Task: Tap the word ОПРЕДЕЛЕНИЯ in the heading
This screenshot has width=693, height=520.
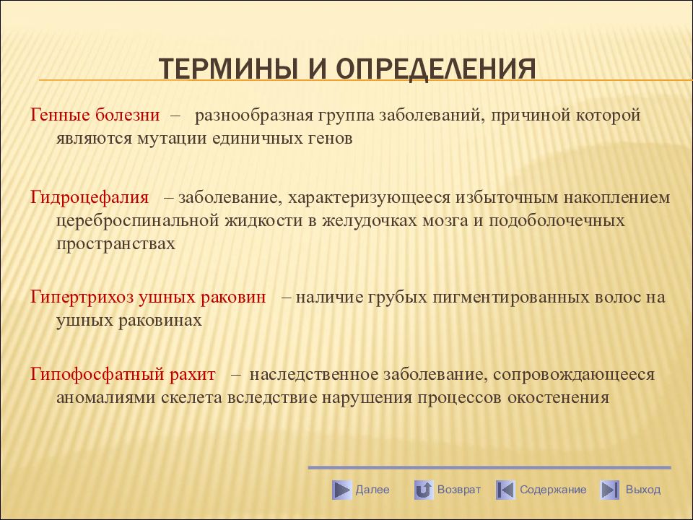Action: tap(436, 69)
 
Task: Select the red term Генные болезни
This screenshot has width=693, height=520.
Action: tap(95, 115)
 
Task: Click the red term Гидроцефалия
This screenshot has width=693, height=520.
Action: tap(90, 198)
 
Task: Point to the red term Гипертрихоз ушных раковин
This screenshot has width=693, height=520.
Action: tap(148, 297)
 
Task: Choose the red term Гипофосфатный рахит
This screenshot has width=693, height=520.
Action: tap(123, 375)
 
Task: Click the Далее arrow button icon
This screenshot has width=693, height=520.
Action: tap(341, 490)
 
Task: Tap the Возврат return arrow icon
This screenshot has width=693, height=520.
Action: tap(424, 490)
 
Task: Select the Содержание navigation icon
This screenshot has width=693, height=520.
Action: tap(505, 490)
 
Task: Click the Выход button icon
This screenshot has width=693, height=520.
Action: tap(609, 490)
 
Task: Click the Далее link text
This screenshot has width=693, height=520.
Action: tap(372, 490)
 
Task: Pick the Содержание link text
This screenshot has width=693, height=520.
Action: tap(553, 490)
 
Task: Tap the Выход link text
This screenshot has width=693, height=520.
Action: tap(643, 490)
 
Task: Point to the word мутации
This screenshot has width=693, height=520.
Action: tap(173, 139)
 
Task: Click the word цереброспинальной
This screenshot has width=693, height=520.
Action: tap(137, 221)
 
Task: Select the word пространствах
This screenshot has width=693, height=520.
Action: tap(115, 243)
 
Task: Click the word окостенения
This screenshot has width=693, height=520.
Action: tap(558, 397)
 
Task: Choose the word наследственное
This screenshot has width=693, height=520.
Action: tap(314, 375)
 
